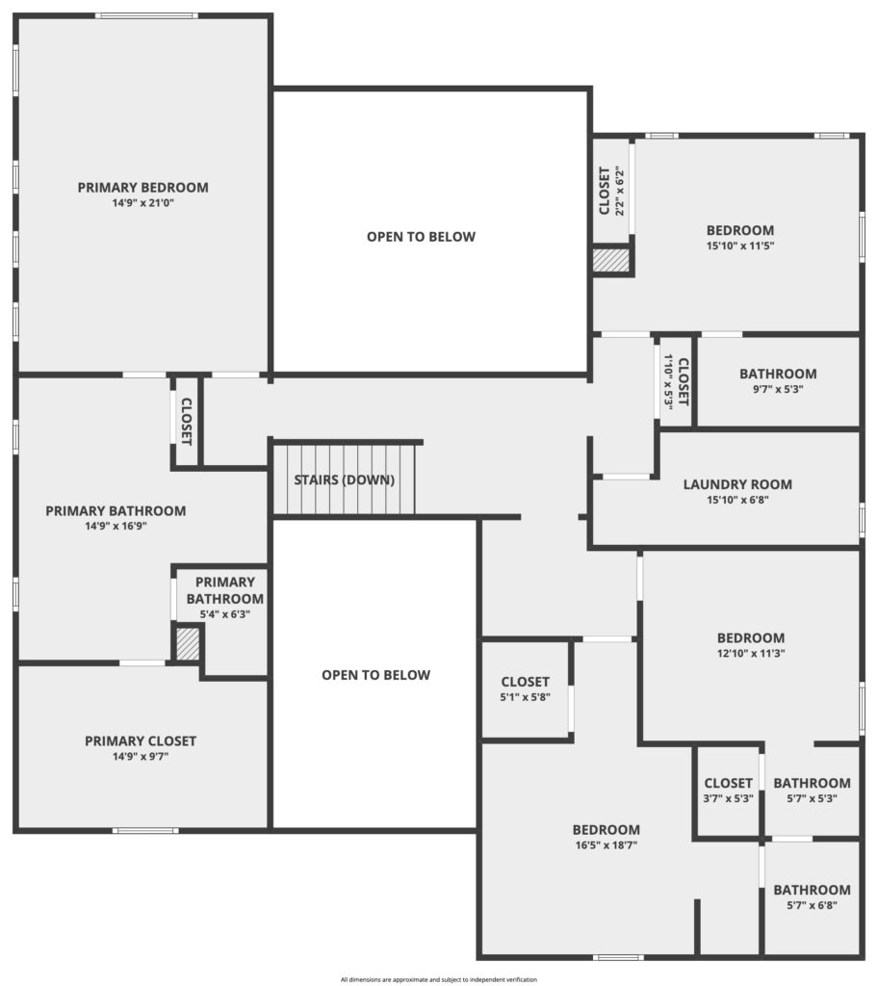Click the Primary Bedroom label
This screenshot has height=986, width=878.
pyautogui.click(x=142, y=188)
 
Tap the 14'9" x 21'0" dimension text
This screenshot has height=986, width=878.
pyautogui.click(x=142, y=203)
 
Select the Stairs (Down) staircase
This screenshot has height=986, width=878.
pyautogui.click(x=345, y=480)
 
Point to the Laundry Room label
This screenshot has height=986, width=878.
pyautogui.click(x=737, y=484)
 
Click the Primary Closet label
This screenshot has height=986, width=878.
pyautogui.click(x=141, y=740)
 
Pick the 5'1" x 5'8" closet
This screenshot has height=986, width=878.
pyautogui.click(x=526, y=689)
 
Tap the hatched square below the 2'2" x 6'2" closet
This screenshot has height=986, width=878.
pyautogui.click(x=611, y=260)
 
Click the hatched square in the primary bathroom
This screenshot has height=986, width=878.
pyautogui.click(x=188, y=644)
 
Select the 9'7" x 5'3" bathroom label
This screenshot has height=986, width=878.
pyautogui.click(x=778, y=374)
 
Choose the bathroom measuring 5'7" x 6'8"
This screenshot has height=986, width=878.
pyautogui.click(x=812, y=897)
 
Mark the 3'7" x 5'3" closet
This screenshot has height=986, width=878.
pyautogui.click(x=728, y=791)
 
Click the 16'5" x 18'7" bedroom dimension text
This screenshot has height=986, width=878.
pyautogui.click(x=607, y=845)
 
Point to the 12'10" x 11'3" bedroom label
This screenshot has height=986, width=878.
pyautogui.click(x=751, y=637)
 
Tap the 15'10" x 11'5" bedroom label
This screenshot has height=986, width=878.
pyautogui.click(x=740, y=230)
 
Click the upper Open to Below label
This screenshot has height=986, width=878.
pyautogui.click(x=422, y=237)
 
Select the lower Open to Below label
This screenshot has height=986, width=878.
pyautogui.click(x=376, y=675)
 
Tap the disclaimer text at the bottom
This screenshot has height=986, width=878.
pyautogui.click(x=439, y=979)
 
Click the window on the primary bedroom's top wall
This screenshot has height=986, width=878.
pyautogui.click(x=146, y=15)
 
